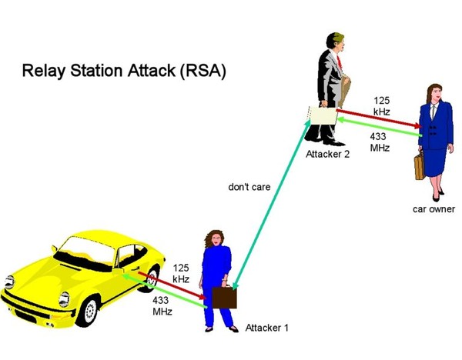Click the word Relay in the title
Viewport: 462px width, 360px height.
[x=43, y=71]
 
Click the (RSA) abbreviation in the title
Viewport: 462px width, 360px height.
[x=203, y=71]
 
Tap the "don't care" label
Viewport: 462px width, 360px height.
[x=249, y=187]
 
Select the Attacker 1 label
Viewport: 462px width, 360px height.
[x=267, y=328]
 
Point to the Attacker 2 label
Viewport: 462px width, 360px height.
[x=327, y=154]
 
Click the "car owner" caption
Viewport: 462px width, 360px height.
[x=434, y=209]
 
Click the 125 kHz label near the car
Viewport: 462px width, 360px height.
[x=181, y=273]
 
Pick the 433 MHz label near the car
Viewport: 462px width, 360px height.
[x=162, y=305]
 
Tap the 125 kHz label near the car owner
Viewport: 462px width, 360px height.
[x=382, y=106]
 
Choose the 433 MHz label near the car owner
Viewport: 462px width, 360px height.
[x=380, y=142]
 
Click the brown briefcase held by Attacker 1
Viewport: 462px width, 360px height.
[x=224, y=297]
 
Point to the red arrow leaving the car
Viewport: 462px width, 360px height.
[x=172, y=285]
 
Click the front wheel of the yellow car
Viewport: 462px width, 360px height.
[x=89, y=311]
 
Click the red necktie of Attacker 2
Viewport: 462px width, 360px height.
[x=340, y=63]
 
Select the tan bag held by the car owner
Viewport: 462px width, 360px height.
[x=419, y=165]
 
